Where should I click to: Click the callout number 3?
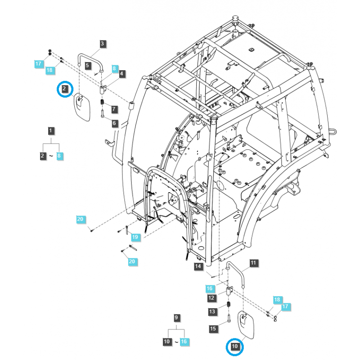coord(102,44)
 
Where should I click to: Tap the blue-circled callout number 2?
coord(65,89)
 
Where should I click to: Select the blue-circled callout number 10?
coord(234,346)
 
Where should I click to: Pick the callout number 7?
coord(114,109)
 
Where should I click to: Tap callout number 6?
coord(114,123)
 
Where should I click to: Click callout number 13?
coord(211,311)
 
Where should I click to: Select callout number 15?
coord(213,329)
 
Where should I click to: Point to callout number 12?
coord(211,297)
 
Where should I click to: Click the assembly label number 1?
coord(51,131)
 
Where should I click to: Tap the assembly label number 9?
coord(176,318)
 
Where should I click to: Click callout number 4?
coord(121,73)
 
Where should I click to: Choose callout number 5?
coord(88,65)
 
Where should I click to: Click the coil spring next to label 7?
coord(102,108)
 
